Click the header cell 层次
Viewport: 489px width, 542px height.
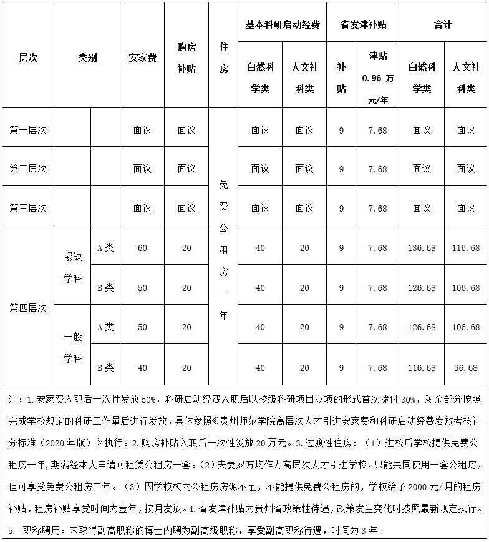pos(28,57)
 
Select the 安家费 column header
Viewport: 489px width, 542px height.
pos(142,57)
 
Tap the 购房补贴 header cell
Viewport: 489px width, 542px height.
pos(186,57)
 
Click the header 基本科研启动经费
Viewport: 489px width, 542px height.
pos(283,25)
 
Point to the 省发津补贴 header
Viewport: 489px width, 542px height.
pos(363,25)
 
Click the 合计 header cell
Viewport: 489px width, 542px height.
pos(443,25)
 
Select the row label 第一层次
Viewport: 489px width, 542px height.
pos(28,130)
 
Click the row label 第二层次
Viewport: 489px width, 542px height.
pos(28,169)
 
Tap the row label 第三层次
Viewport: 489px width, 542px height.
pos(28,208)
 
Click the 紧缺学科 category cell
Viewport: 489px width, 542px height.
pos(73,268)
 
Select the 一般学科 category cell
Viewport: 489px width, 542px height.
pos(73,347)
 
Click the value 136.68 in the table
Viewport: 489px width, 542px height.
pos(422,249)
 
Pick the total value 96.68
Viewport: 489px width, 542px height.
pos(466,368)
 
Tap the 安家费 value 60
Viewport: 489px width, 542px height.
pos(142,249)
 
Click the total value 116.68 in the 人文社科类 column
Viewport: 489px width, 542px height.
pos(466,249)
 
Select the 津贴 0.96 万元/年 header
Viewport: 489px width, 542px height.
pos(378,76)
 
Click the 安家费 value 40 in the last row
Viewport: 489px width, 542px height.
pos(142,368)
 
